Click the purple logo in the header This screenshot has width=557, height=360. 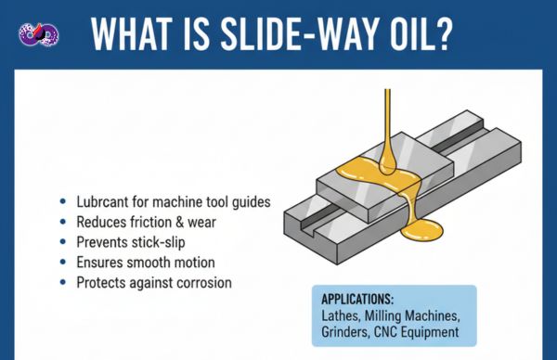tap(39, 34)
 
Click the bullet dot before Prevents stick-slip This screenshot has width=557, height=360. tap(63, 242)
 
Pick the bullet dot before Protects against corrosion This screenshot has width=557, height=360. tap(63, 283)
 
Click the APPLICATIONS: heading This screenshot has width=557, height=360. tap(357, 300)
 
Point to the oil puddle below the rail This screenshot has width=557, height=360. tap(422, 230)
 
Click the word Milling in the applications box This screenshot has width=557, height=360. tap(382, 316)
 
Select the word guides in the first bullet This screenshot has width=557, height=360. tap(252, 202)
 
